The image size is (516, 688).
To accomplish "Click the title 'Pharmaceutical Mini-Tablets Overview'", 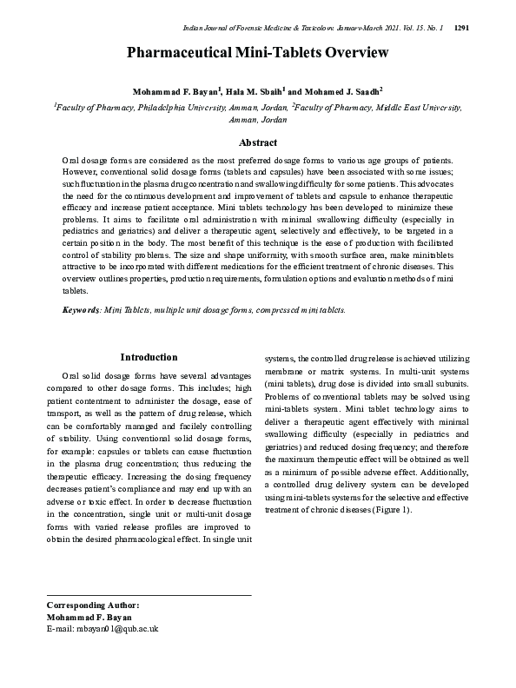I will coord(258,53).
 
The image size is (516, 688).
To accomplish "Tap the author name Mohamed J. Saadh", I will coord(347,91).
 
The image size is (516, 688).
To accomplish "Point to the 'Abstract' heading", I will coord(258,142).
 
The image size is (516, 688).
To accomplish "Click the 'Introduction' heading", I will coord(149,357).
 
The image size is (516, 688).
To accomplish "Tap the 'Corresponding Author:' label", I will coord(92,605).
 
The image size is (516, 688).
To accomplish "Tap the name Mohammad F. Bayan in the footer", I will coord(89,617).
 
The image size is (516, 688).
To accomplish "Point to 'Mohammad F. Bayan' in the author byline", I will coord(177,91).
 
